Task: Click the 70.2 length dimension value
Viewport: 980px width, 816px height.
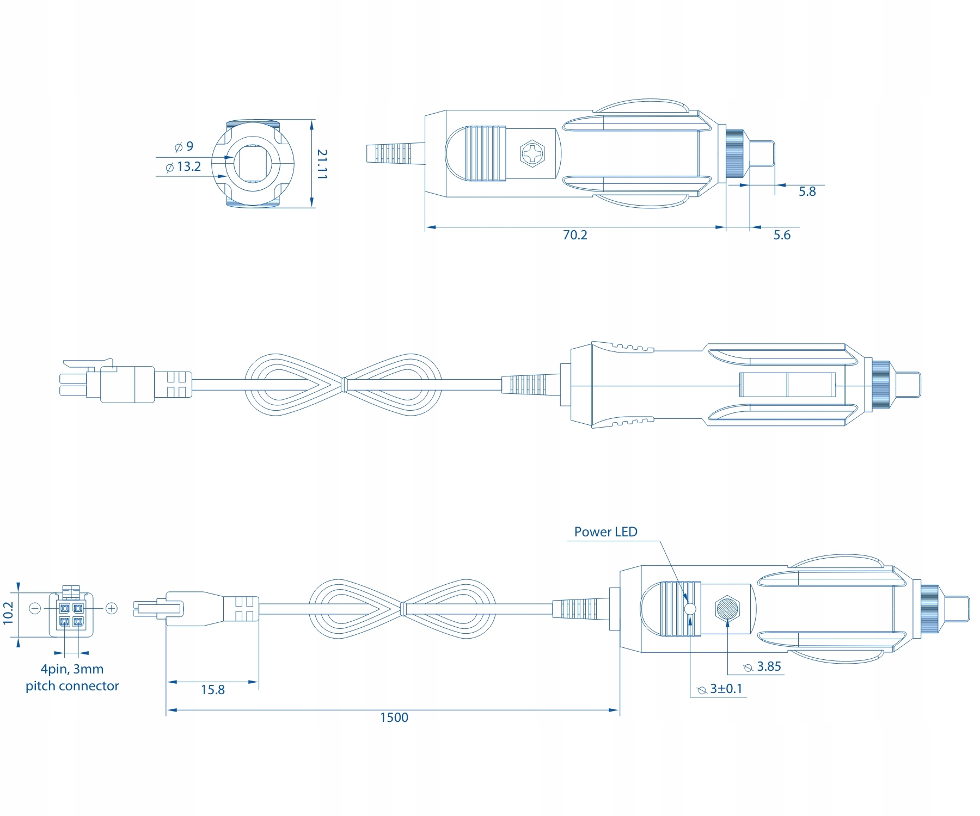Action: point(575,235)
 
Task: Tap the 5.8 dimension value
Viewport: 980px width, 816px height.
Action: point(807,191)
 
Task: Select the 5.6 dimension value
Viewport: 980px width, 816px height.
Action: point(782,235)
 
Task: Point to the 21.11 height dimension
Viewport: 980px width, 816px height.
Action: point(322,164)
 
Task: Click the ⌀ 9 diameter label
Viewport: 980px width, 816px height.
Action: point(184,146)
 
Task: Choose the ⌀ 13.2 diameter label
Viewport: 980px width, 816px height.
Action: point(183,167)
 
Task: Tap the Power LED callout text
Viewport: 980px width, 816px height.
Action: point(605,532)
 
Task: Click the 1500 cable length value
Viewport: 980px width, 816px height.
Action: point(394,718)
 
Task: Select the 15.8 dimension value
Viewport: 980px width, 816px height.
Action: point(212,690)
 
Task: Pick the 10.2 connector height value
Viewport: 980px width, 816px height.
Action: point(8,613)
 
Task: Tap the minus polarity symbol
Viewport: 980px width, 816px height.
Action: point(35,608)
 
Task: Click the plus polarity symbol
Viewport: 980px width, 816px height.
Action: point(112,608)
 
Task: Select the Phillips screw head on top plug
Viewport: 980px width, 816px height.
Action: point(532,153)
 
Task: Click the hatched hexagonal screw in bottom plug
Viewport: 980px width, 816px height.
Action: point(727,608)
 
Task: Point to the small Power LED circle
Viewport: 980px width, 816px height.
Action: point(690,609)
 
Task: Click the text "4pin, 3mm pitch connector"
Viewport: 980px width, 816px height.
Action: point(72,677)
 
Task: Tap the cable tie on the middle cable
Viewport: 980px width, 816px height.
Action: point(343,385)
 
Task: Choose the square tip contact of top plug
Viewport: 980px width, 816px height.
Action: point(762,153)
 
